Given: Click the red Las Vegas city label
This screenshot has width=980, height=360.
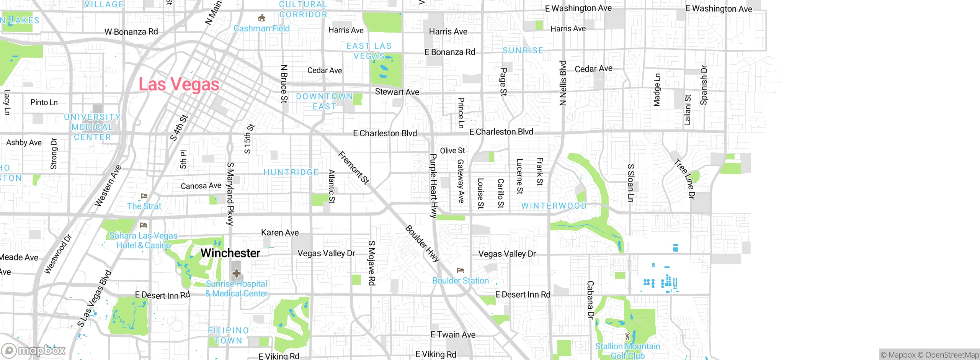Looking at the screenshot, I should pyautogui.click(x=179, y=84).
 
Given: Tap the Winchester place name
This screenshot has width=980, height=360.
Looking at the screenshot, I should pyautogui.click(x=230, y=253).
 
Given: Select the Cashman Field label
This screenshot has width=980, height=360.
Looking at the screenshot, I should pyautogui.click(x=261, y=28).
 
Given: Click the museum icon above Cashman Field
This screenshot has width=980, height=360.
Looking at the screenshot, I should pyautogui.click(x=262, y=18).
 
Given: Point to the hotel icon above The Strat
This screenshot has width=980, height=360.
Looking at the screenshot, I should pyautogui.click(x=144, y=196).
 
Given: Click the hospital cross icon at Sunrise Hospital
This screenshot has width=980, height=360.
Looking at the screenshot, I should pyautogui.click(x=237, y=273).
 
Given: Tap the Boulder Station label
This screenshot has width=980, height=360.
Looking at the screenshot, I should pyautogui.click(x=460, y=281).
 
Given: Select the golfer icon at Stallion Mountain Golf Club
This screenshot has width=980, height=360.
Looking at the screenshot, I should pyautogui.click(x=627, y=336).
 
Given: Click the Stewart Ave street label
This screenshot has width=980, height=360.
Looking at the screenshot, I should pyautogui.click(x=397, y=92).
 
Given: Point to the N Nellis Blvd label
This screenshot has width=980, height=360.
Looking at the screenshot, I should pyautogui.click(x=563, y=83).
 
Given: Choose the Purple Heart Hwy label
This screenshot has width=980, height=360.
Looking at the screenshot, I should pyautogui.click(x=433, y=186).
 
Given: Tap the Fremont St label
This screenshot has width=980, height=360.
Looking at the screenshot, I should pyautogui.click(x=354, y=168).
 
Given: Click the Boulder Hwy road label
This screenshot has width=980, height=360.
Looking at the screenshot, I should pyautogui.click(x=422, y=244).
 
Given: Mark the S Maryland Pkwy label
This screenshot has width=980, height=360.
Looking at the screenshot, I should pyautogui.click(x=230, y=193).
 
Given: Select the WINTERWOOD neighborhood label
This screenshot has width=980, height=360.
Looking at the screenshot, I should pyautogui.click(x=554, y=206).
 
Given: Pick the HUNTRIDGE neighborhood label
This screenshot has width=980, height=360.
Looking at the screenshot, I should pyautogui.click(x=291, y=172).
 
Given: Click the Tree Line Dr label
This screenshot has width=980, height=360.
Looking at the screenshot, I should pyautogui.click(x=684, y=179).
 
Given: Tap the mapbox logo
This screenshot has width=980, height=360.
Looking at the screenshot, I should pyautogui.click(x=34, y=350).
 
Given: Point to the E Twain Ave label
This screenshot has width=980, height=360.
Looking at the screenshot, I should pyautogui.click(x=453, y=335).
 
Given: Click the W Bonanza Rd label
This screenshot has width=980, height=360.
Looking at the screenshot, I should pyautogui.click(x=131, y=32).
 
